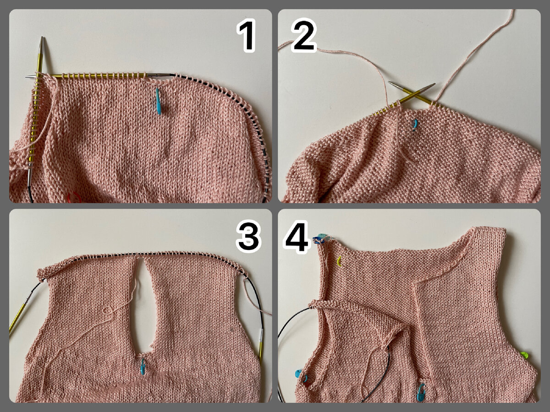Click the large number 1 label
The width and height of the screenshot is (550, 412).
(247, 36)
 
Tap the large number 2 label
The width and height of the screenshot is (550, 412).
(304, 35)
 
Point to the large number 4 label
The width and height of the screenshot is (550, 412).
(297, 236)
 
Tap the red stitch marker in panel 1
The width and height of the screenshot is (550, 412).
(74, 197)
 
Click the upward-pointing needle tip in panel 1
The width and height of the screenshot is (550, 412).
(42, 38)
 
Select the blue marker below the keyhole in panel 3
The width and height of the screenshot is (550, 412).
(143, 367)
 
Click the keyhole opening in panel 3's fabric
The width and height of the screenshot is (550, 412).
(142, 309)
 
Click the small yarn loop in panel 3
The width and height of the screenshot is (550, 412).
(108, 311)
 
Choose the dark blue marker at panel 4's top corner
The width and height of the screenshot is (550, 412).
(317, 241)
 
